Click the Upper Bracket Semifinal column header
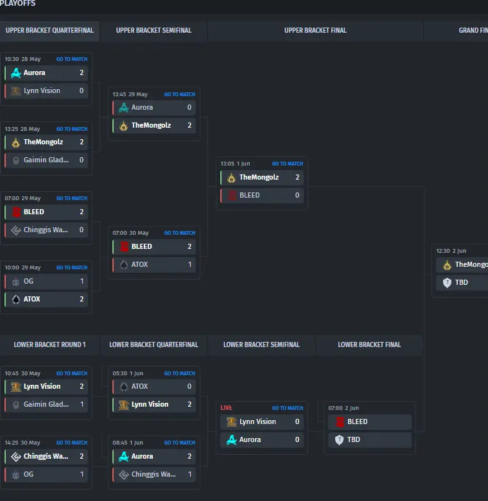click(x=153, y=30)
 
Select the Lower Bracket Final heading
click(x=369, y=344)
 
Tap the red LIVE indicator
click(x=226, y=408)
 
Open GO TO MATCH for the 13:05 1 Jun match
click(x=287, y=164)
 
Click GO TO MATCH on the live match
click(x=287, y=408)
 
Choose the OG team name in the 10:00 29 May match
click(x=28, y=281)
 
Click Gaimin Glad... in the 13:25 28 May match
click(x=46, y=160)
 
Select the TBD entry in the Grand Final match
click(x=461, y=282)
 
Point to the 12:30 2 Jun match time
click(x=451, y=251)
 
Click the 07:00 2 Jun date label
click(x=343, y=408)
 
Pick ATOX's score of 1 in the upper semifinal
click(x=189, y=264)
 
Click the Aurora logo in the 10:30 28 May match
click(x=16, y=72)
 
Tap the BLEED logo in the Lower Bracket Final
click(x=340, y=421)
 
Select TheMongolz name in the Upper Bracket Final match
click(x=259, y=177)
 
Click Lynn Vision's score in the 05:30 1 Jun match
click(x=189, y=404)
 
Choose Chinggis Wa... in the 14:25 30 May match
click(x=46, y=456)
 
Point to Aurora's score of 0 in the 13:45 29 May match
click(x=189, y=107)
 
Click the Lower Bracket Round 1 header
click(x=49, y=344)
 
